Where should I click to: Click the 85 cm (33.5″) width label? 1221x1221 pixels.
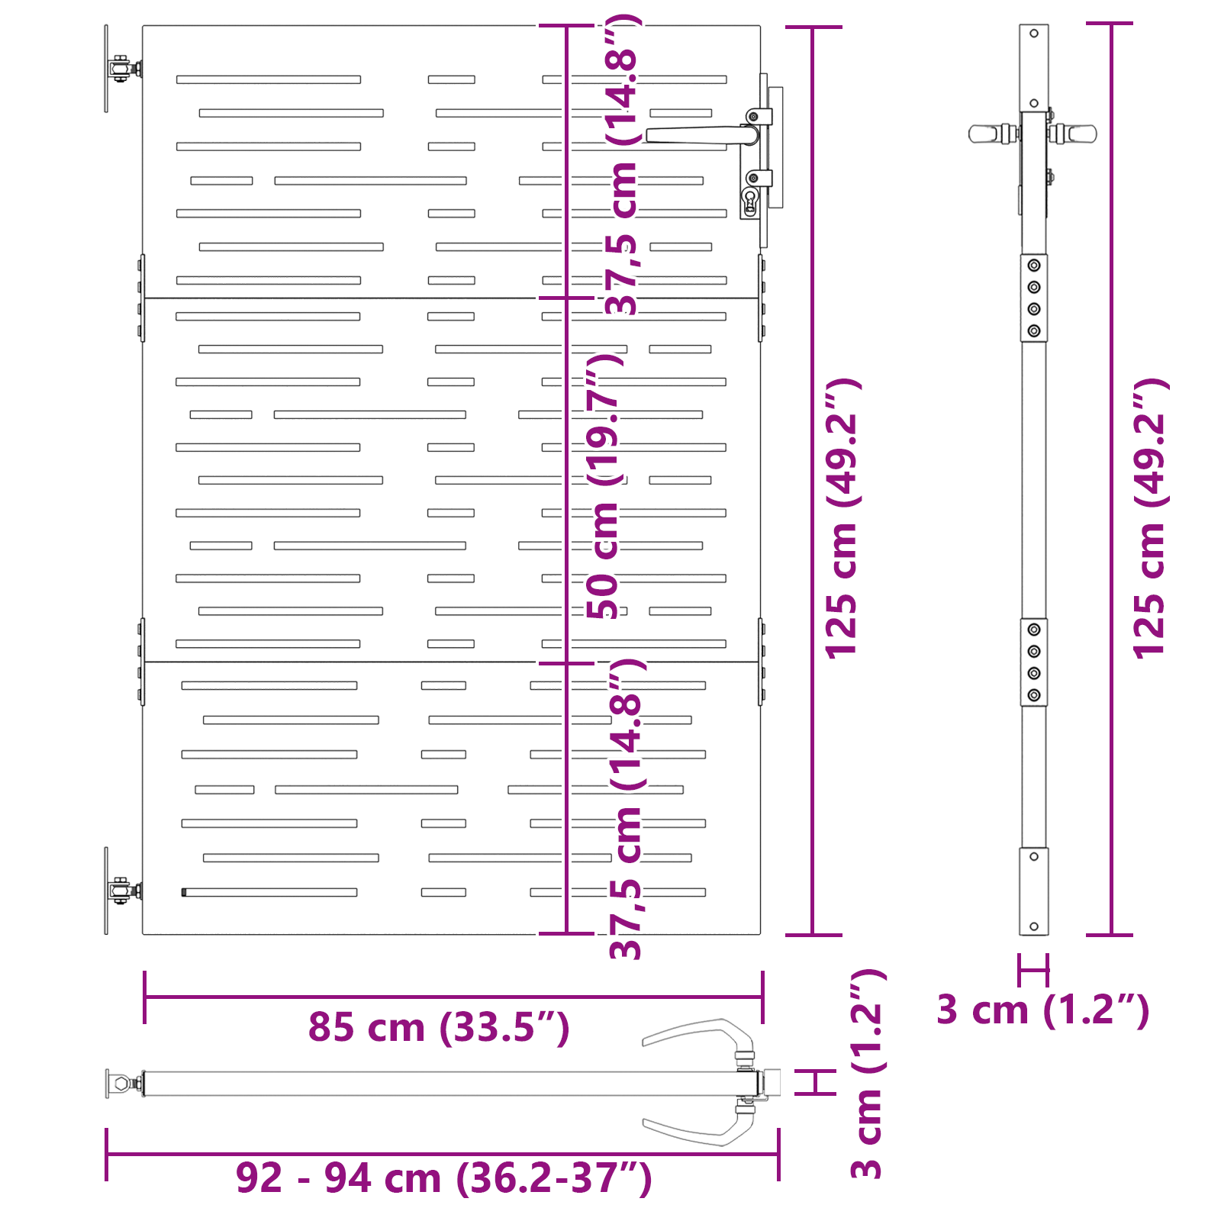point(439,1027)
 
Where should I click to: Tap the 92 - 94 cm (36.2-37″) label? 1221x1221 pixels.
point(443,1178)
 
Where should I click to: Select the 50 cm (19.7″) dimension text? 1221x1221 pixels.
point(604,485)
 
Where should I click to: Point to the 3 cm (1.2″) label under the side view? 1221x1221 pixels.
point(1043,1010)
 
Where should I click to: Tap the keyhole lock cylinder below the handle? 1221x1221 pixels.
point(749,201)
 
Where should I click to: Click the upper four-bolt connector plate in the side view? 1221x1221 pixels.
point(1034,298)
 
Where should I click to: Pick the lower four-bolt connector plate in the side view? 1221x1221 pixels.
point(1034,662)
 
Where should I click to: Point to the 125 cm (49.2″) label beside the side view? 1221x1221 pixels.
point(1150,518)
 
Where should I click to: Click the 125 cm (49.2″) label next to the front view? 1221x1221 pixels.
point(842,518)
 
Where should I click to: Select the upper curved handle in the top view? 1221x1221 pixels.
point(699,1036)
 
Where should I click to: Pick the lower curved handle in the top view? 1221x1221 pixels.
point(699,1128)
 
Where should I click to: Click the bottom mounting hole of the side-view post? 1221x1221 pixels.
point(1034,926)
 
